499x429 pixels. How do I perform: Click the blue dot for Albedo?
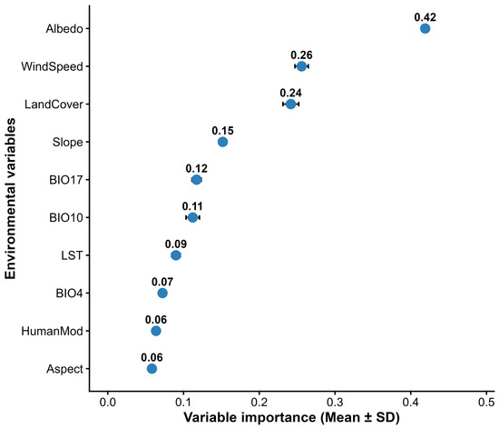coord(425,29)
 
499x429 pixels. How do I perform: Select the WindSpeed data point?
coord(301,66)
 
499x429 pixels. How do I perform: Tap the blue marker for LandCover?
coord(290,104)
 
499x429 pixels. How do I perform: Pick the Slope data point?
coord(223,142)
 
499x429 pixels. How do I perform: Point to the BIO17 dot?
coord(197,180)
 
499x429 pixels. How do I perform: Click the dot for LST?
coord(176,255)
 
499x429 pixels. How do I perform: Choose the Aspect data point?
coord(152,369)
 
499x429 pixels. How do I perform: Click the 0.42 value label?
coord(426,17)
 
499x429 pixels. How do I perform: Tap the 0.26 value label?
coord(301,55)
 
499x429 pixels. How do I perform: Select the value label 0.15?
coord(223,131)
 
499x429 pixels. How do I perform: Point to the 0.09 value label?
coord(176,244)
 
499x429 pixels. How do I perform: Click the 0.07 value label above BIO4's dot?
coord(162,282)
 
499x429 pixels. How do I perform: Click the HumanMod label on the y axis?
coord(53,331)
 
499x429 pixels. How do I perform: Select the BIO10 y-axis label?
coord(66,218)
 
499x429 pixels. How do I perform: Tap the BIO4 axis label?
coord(69,294)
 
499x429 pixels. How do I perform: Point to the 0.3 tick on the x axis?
coord(335,402)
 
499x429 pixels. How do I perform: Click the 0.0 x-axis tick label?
coord(108,402)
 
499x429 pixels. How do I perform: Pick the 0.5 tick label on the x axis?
coord(486,402)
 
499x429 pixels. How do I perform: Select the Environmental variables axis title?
coord(10,198)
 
